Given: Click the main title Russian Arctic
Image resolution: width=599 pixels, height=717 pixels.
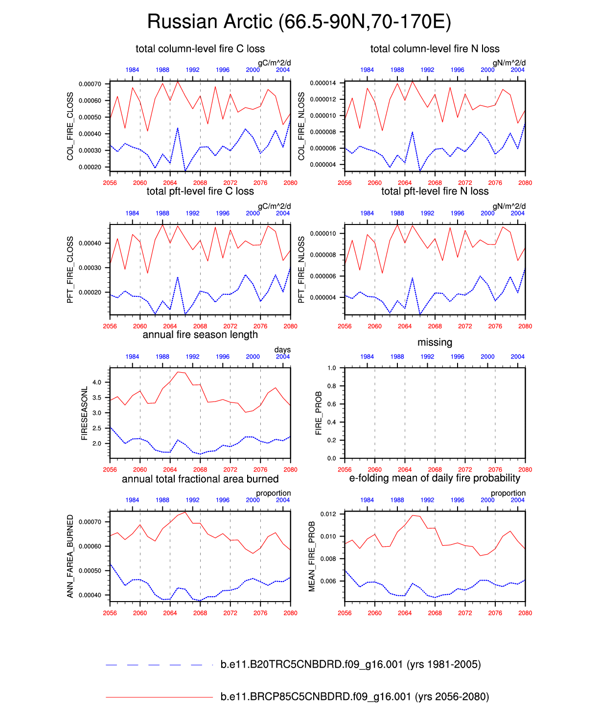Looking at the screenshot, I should (x=299, y=22).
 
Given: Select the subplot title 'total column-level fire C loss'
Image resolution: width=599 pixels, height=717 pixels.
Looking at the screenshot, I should (x=200, y=49).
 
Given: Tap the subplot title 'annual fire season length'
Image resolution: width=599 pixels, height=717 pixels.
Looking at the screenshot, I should (x=200, y=335).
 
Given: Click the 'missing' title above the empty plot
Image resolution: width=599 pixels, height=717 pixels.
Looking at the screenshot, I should (x=435, y=343).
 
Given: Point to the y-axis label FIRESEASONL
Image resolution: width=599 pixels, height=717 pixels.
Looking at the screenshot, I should (x=84, y=413).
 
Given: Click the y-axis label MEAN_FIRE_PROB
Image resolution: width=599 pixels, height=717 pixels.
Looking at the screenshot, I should (x=312, y=557).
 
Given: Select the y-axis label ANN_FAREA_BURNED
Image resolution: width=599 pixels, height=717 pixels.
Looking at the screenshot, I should (x=70, y=556).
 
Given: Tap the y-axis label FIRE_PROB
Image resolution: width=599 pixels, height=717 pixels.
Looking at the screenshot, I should (x=319, y=413).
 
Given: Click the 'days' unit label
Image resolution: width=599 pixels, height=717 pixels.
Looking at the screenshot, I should (x=282, y=350).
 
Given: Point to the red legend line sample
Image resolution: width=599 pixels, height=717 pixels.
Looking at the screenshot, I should (x=159, y=697).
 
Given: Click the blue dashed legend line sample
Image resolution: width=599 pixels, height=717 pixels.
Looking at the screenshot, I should (x=159, y=665).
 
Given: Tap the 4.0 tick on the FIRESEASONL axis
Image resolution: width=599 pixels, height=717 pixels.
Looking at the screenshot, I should (x=97, y=382).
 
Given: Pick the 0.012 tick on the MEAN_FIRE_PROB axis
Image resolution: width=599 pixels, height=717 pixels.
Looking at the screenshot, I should (x=328, y=515).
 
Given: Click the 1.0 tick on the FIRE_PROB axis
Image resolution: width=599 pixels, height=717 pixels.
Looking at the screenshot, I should (x=332, y=368).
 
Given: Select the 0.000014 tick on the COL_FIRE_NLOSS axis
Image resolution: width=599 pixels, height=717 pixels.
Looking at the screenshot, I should (x=323, y=83).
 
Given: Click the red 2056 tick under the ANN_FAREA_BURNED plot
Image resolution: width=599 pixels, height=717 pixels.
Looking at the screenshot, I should (x=110, y=613).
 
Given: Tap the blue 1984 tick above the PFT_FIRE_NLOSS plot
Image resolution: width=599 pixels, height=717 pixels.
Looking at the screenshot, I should (x=367, y=213).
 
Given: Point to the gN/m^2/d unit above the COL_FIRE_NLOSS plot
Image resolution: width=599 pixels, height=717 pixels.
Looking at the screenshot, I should (x=509, y=63).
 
